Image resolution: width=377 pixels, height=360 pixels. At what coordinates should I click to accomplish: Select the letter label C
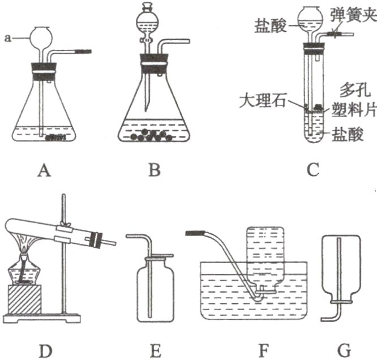coord(313,169)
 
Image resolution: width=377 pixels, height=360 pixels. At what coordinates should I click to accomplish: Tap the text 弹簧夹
coord(352,10)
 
